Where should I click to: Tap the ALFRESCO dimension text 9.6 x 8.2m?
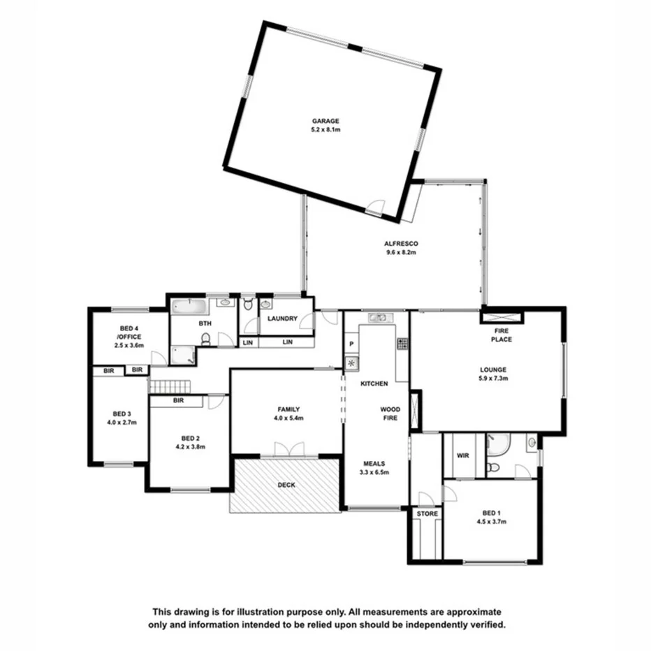click(400, 253)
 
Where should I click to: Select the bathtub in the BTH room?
click(189, 307)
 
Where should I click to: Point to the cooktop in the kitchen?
click(403, 343)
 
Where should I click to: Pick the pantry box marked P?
click(351, 345)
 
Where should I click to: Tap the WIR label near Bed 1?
click(462, 455)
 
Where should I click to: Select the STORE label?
click(427, 514)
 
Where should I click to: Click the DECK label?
click(286, 484)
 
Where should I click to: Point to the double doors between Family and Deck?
click(290, 451)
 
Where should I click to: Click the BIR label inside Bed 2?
click(178, 401)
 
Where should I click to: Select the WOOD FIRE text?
click(390, 413)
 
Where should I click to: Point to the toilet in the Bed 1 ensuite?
click(495, 465)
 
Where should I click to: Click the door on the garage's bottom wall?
click(376, 206)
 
